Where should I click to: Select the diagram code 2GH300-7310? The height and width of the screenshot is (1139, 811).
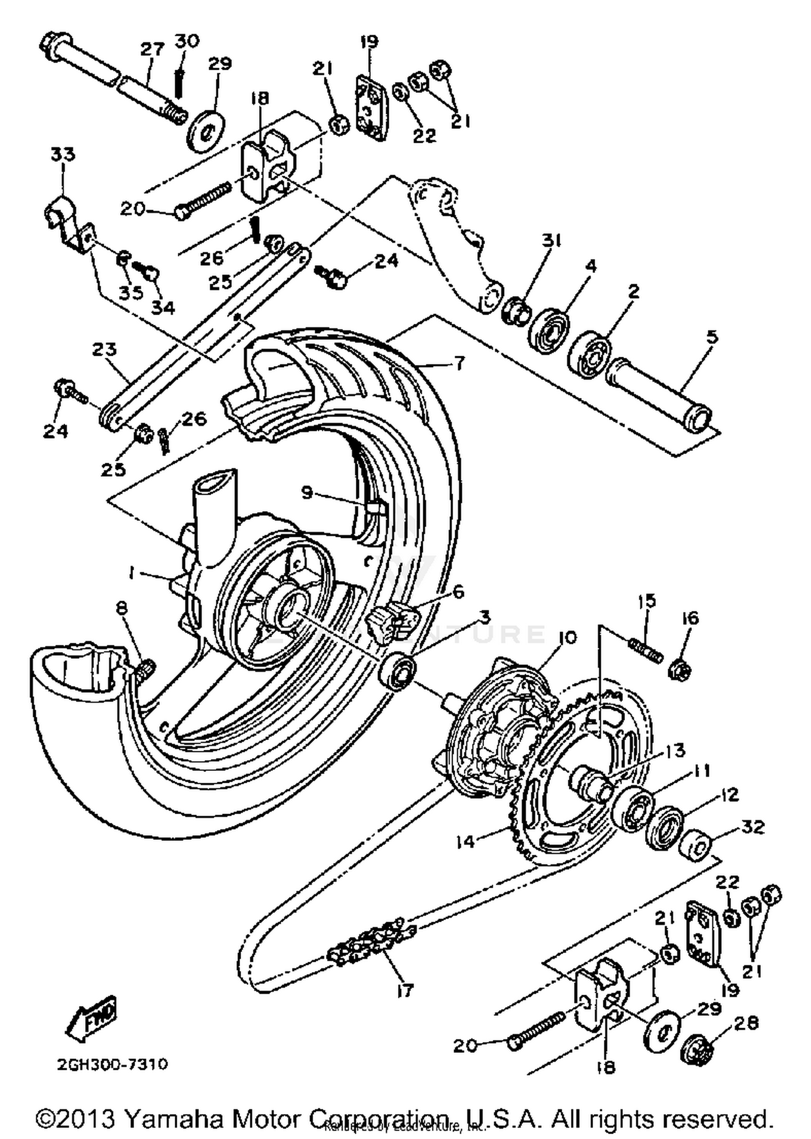tap(112, 1064)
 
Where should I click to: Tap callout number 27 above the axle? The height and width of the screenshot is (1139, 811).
tap(152, 50)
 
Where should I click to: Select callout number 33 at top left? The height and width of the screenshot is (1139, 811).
tap(63, 155)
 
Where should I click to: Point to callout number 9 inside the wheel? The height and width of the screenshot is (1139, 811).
tap(307, 492)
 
